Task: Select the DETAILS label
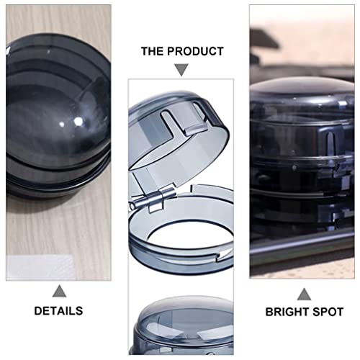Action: click(x=58, y=311)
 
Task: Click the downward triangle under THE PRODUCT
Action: click(x=182, y=70)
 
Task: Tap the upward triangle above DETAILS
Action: click(x=59, y=290)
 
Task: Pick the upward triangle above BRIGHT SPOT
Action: click(x=304, y=293)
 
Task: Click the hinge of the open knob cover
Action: click(x=163, y=195)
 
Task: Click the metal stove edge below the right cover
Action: click(x=302, y=248)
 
